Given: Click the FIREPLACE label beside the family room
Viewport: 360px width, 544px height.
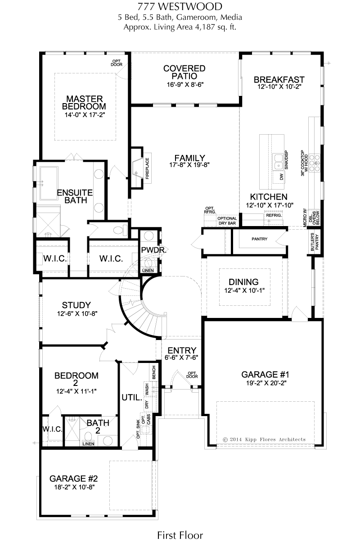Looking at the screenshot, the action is click(147, 168).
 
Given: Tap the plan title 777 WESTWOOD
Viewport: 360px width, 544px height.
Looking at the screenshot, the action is click(180, 7).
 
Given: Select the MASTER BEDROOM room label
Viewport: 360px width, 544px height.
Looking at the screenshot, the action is click(84, 103).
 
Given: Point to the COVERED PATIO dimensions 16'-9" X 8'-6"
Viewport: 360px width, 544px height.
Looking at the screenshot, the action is click(185, 85).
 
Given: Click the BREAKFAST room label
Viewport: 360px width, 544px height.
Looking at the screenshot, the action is click(279, 79).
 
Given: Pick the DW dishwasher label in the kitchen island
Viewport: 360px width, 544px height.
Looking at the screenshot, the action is click(281, 177).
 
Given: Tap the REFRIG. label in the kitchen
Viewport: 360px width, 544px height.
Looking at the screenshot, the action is click(274, 215).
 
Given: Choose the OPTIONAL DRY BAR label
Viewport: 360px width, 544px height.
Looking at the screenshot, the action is click(227, 221).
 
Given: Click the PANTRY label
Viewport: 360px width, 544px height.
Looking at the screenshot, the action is click(260, 239).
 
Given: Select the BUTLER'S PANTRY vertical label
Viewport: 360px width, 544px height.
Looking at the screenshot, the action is click(315, 242).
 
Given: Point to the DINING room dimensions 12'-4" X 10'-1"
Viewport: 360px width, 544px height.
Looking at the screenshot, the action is click(244, 290).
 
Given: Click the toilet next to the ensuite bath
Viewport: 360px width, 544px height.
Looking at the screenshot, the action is click(121, 230).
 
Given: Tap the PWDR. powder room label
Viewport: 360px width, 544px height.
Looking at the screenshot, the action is click(153, 250).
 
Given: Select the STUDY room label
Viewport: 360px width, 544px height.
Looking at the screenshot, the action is click(76, 305).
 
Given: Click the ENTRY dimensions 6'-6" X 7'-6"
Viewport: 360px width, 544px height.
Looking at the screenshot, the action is click(182, 357).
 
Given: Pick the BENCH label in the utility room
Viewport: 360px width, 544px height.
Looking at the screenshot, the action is click(153, 372).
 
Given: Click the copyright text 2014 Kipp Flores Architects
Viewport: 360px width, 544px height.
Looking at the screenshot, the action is click(264, 440).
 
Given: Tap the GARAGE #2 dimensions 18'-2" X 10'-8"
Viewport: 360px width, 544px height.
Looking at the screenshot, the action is click(74, 487).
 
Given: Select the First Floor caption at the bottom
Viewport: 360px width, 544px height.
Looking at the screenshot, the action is click(180, 535).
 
